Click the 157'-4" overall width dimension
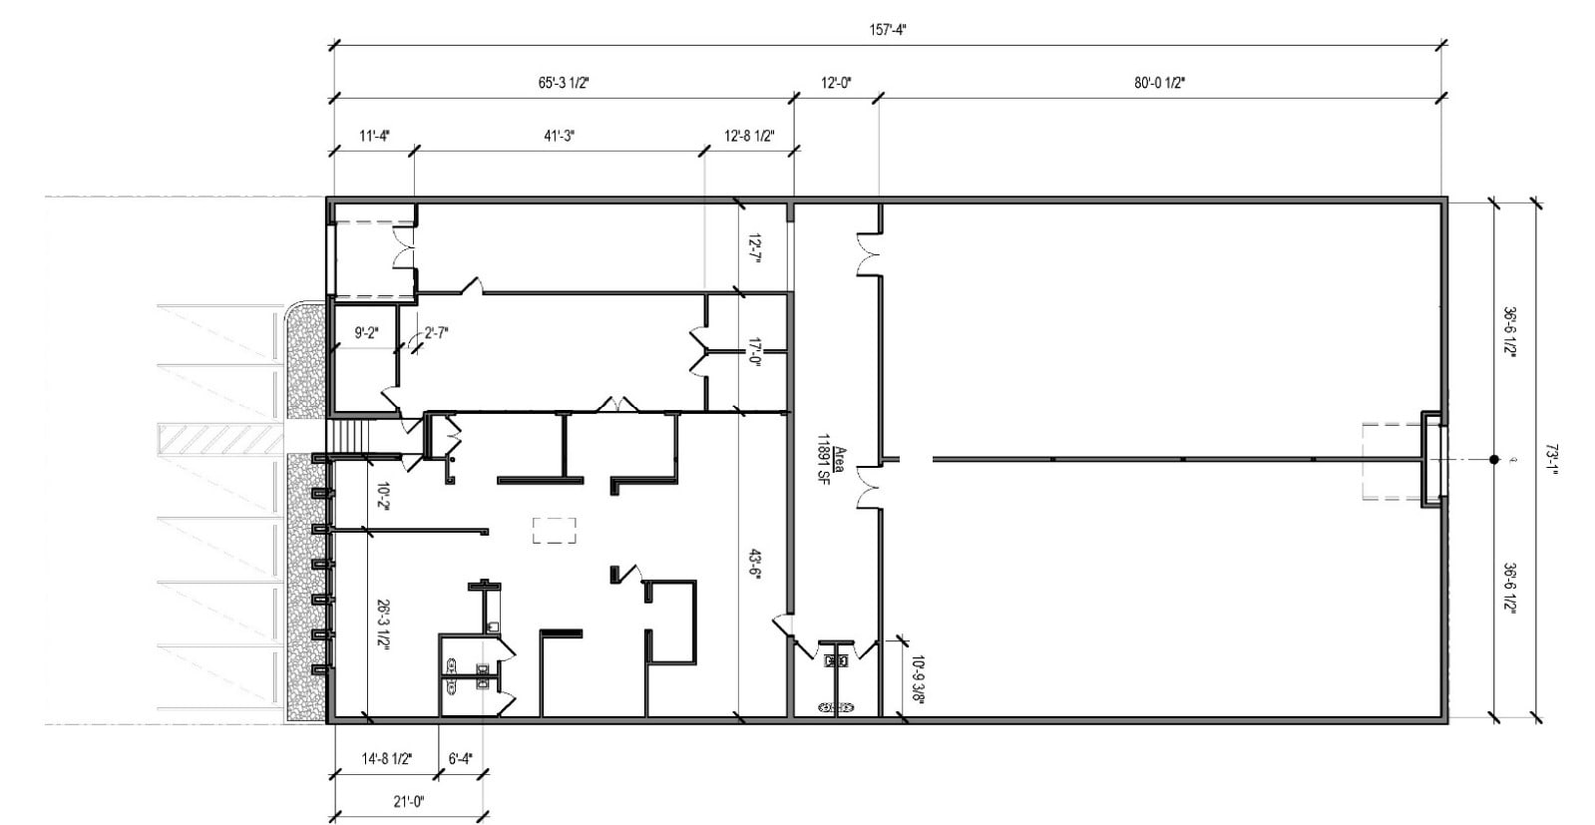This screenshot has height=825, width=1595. pos(887,30)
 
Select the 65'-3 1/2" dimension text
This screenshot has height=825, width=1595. pos(564,84)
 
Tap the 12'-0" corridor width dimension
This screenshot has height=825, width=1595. pos(836,84)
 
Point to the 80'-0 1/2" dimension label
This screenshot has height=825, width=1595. pos(1158,84)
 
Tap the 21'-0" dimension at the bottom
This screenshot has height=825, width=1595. pos(408,801)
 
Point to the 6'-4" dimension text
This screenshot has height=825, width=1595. pos(460,759)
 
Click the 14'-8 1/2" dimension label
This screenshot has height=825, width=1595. pos(385,759)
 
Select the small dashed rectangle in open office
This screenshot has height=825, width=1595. pos(555,530)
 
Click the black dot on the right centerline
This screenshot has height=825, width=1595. pos(1493,460)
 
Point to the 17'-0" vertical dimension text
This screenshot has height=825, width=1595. pos(755,352)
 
